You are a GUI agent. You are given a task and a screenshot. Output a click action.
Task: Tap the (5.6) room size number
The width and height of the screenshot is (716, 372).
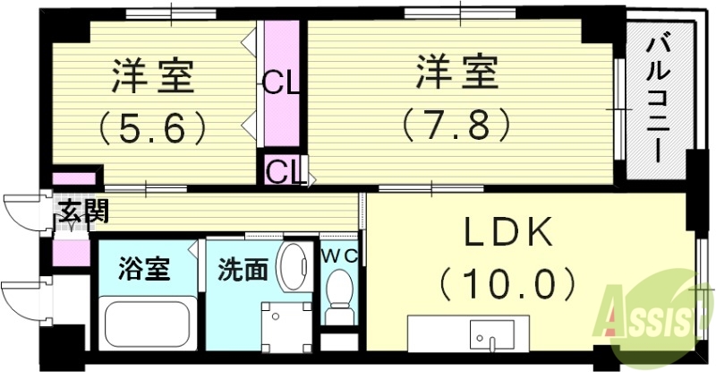(x=153, y=127)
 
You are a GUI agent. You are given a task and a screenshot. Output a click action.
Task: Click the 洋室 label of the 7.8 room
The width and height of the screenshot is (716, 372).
(x=456, y=72)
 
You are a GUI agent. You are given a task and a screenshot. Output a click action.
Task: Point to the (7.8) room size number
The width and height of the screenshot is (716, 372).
(x=456, y=121)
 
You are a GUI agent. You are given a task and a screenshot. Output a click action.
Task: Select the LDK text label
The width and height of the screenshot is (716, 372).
(x=507, y=236)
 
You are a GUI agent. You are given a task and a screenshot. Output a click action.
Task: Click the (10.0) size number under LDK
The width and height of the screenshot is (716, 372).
(x=507, y=286)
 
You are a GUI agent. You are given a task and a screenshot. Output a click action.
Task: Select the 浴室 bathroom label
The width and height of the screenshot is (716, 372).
(x=144, y=269)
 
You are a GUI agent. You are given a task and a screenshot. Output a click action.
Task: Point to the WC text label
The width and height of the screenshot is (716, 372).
(x=341, y=255)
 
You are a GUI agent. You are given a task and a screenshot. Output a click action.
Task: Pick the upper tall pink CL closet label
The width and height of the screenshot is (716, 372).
(x=280, y=85)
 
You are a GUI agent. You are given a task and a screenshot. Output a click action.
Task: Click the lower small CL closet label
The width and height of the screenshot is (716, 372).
(x=282, y=169)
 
